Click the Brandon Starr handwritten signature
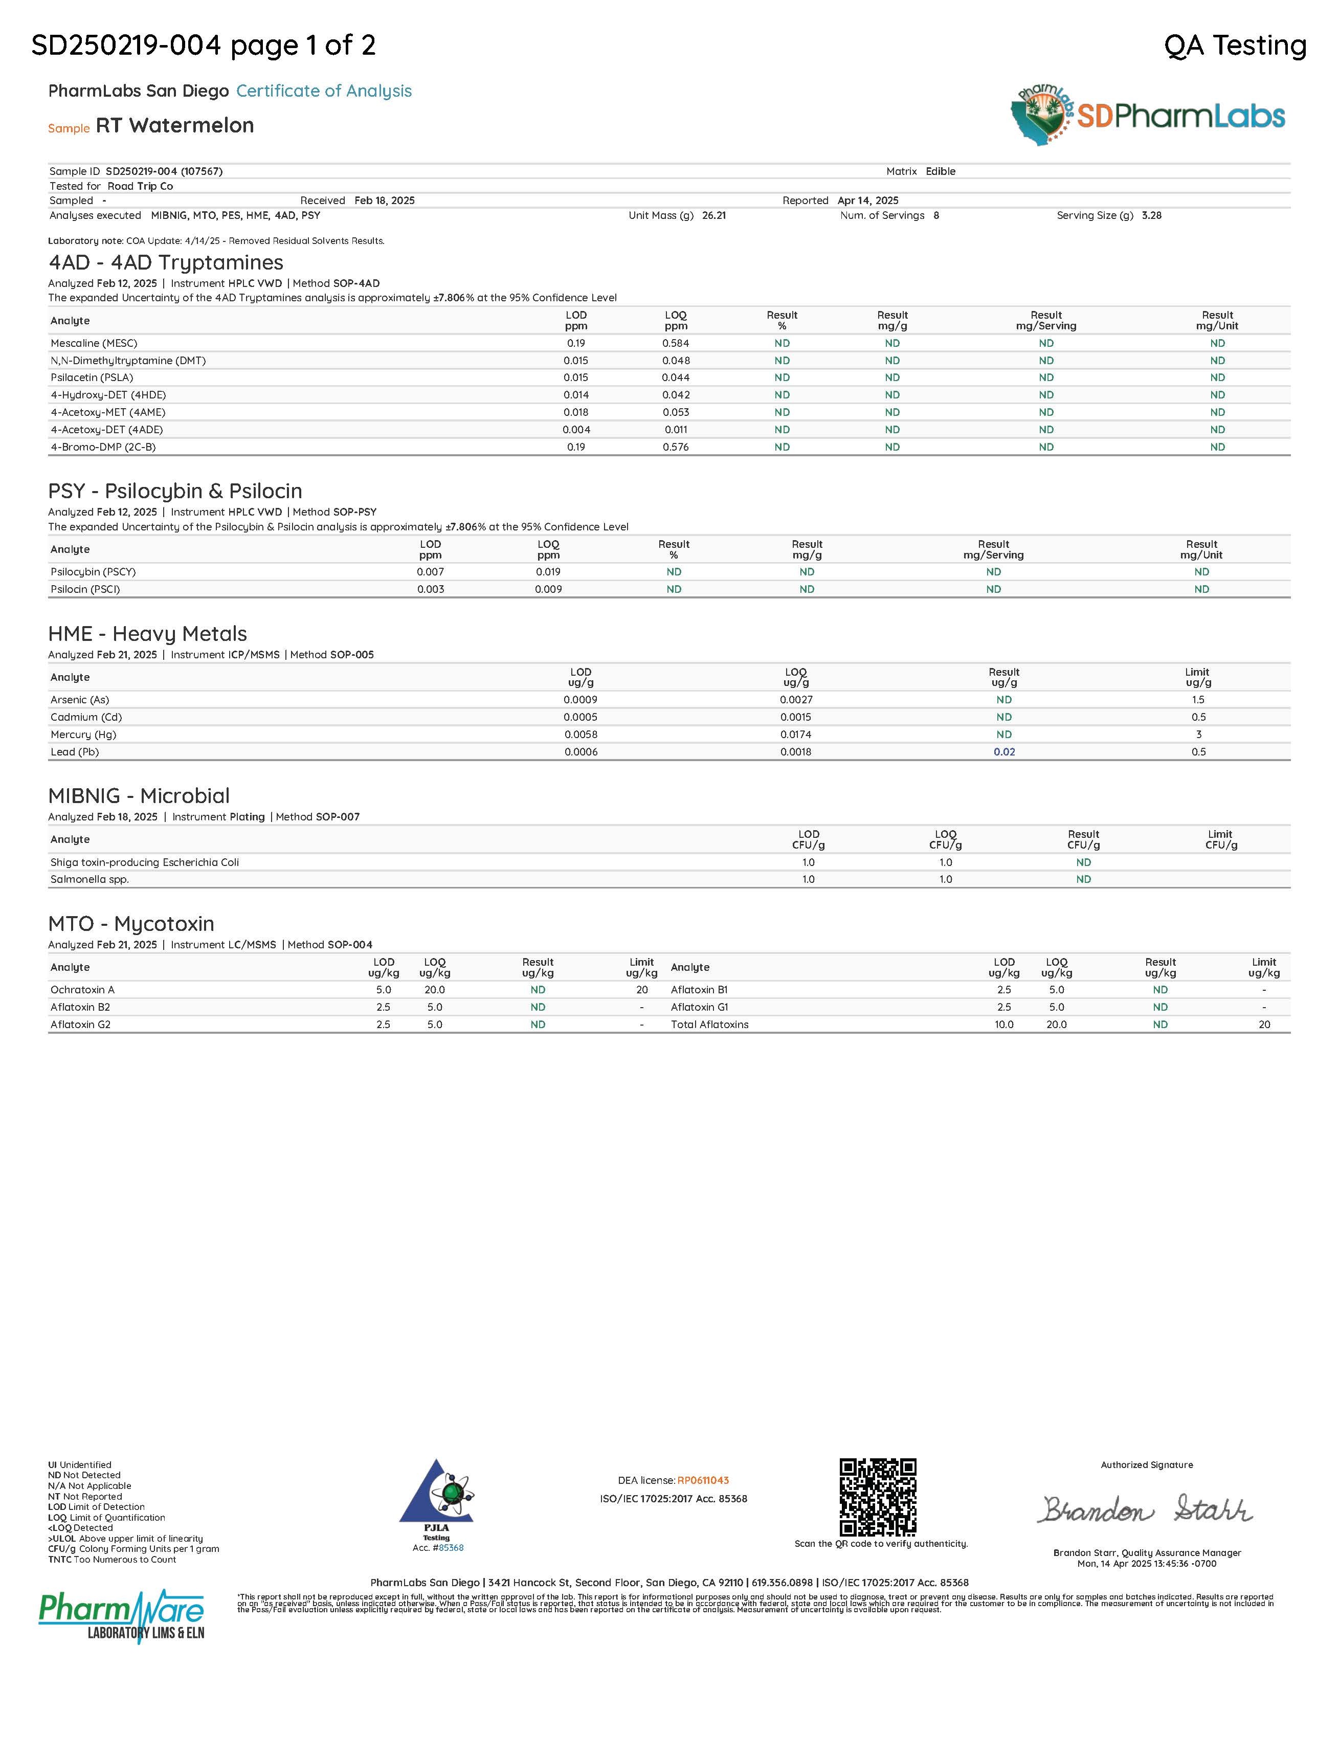pyautogui.click(x=1145, y=1509)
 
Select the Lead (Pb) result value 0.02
pyautogui.click(x=1005, y=752)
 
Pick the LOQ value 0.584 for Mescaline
pyautogui.click(x=675, y=343)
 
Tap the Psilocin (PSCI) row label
pyautogui.click(x=85, y=589)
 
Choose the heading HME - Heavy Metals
pyautogui.click(x=147, y=634)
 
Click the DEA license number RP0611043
pyautogui.click(x=703, y=1480)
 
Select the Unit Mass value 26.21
pyautogui.click(x=714, y=215)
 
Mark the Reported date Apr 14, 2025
pyautogui.click(x=868, y=200)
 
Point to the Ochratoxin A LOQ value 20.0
pyautogui.click(x=434, y=989)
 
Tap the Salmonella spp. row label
pyautogui.click(x=90, y=879)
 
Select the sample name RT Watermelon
pyautogui.click(x=174, y=125)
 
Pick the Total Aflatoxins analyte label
pyautogui.click(x=709, y=1024)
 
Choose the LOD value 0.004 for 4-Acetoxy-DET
pyautogui.click(x=576, y=430)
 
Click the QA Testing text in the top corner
pyautogui.click(x=1235, y=46)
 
